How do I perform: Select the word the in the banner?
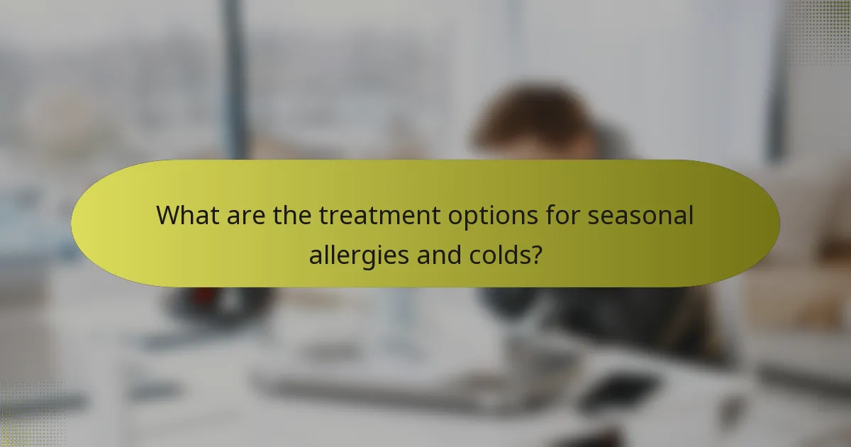pos(294,215)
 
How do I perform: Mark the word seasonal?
pos(640,215)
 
